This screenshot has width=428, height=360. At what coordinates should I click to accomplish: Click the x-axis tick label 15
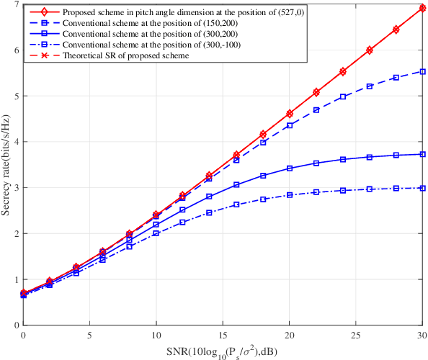pos(223,335)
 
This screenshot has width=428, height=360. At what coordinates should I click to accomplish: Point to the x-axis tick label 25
pos(355,335)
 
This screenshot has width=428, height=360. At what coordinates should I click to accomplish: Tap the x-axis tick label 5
pos(90,335)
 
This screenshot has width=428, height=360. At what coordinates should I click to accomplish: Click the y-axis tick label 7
pos(16,4)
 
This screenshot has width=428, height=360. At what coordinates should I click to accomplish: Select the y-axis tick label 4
pos(16,141)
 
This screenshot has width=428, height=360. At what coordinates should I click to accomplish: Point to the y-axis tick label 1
pos(16,279)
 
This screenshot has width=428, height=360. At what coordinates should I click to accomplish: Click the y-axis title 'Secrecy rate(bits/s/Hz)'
pos(6,165)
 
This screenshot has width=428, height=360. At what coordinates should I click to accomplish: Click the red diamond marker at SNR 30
pos(422,7)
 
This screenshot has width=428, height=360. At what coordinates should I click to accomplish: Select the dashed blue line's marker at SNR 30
pos(422,71)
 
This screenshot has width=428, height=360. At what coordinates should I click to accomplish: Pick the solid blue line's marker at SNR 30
pos(422,154)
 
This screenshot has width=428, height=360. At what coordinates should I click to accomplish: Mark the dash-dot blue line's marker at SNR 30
pos(422,188)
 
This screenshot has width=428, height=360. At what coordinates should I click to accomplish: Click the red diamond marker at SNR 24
pos(343,71)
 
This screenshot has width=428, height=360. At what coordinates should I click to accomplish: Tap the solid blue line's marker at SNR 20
pos(290,168)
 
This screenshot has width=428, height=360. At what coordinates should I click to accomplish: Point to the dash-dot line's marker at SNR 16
pos(236,204)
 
